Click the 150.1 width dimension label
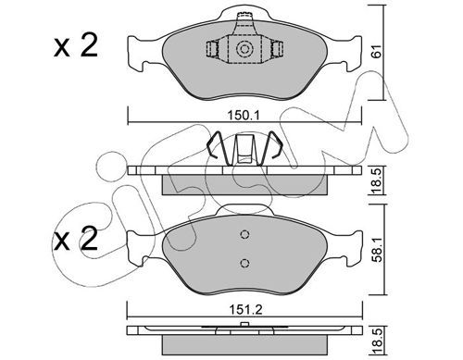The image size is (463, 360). pyautogui.click(x=244, y=116)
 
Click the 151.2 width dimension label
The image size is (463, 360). pyautogui.click(x=245, y=309)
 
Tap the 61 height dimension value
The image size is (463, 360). pyautogui.click(x=377, y=51)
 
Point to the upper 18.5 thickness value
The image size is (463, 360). pyautogui.click(x=377, y=180)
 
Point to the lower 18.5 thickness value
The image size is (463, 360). pyautogui.click(x=377, y=341)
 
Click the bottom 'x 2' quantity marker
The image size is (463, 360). pyautogui.click(x=76, y=239)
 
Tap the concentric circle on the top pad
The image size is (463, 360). pyautogui.click(x=244, y=49)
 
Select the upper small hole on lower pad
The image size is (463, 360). pyautogui.click(x=244, y=235)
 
